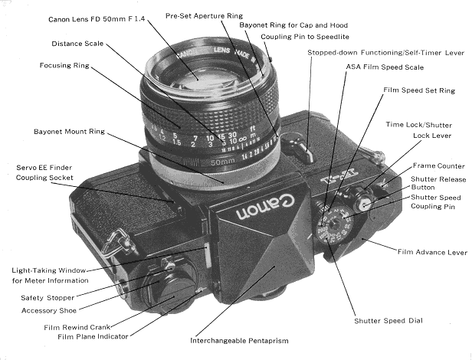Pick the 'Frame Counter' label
coord(439,165)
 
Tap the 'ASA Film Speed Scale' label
coord(367,67)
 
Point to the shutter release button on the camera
coord(367,204)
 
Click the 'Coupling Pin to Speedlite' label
coord(304,36)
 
